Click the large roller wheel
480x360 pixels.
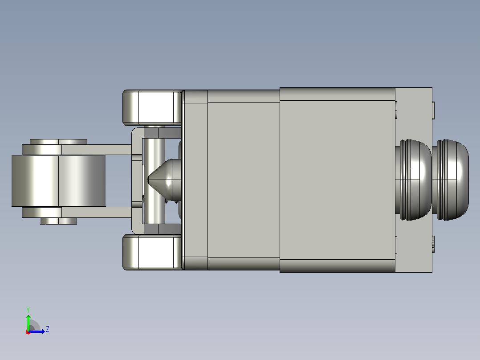pyautogui.click(x=58, y=181)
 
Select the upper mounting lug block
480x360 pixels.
pyautogui.click(x=153, y=107)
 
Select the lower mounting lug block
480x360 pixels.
pyautogui.click(x=153, y=252)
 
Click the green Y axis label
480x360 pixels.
pyautogui.click(x=28, y=310)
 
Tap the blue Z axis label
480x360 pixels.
pyautogui.click(x=48, y=329)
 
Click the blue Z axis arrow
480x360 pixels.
pyautogui.click(x=37, y=331)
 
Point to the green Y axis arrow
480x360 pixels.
pyautogui.click(x=28, y=323)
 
